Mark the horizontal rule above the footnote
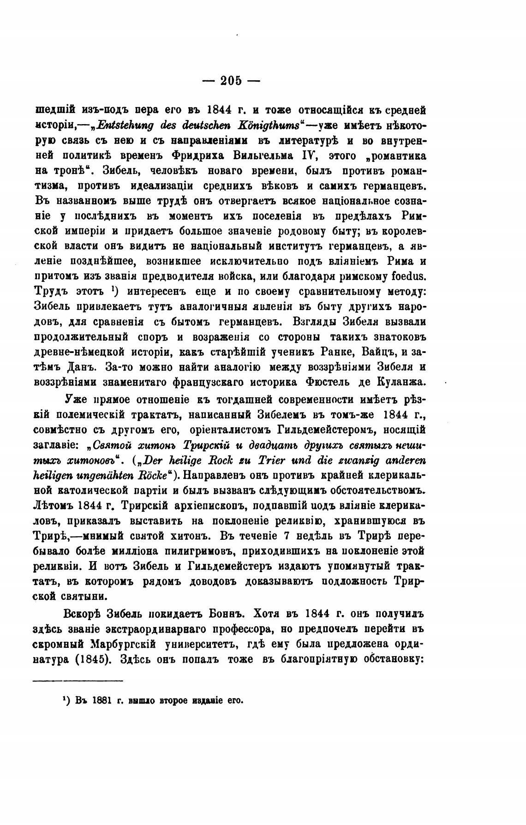[79, 680]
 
